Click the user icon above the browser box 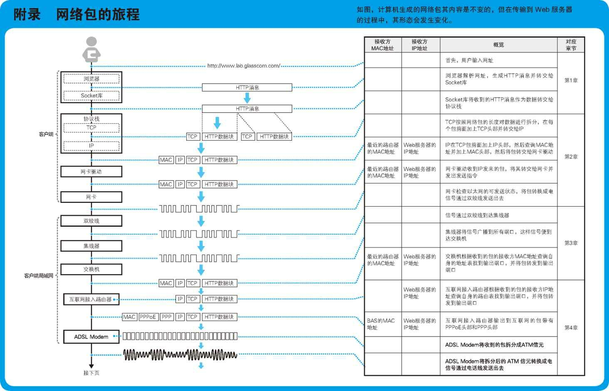(92, 49)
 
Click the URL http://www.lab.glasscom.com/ (244, 66)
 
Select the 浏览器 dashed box (92, 79)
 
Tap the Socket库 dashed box (92, 95)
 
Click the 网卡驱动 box (92, 171)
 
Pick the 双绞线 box (92, 221)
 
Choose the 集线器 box (92, 246)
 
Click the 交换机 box (92, 269)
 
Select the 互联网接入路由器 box (92, 299)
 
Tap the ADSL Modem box (92, 337)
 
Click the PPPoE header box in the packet (149, 317)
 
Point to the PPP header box (167, 317)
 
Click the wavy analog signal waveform (180, 355)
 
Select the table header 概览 (498, 45)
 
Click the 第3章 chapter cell (571, 243)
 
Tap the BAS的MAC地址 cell (383, 324)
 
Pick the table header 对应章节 (571, 45)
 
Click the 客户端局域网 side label (39, 276)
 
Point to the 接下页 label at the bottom (92, 373)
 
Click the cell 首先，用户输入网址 (469, 60)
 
